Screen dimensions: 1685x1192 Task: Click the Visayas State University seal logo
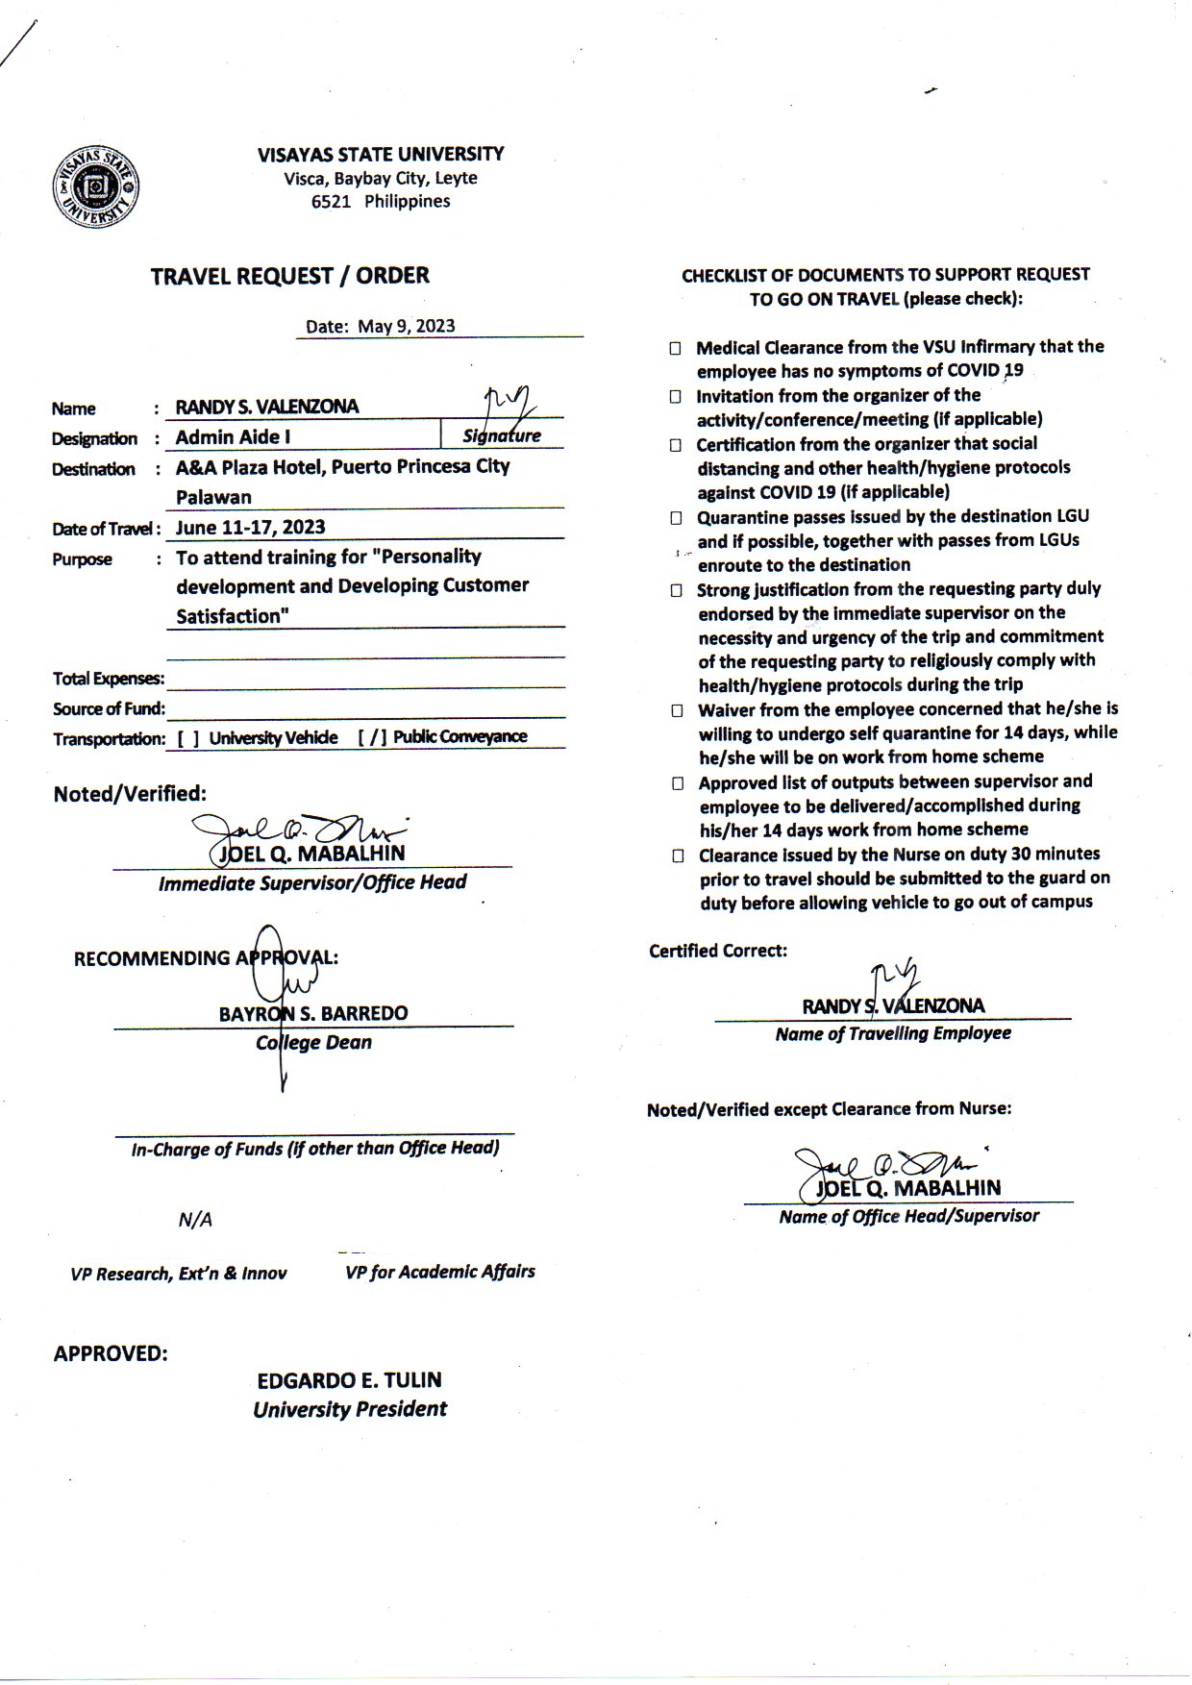tap(96, 187)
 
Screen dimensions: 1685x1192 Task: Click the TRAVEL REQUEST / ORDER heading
tap(289, 276)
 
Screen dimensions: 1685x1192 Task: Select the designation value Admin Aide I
tap(233, 437)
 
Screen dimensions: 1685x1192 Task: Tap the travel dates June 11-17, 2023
tap(250, 527)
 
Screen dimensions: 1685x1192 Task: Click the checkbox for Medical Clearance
tap(676, 348)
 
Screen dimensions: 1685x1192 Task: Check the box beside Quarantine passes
tap(676, 518)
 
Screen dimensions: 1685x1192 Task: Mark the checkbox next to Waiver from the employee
tap(677, 711)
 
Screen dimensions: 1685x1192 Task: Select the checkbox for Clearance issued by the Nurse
tap(678, 855)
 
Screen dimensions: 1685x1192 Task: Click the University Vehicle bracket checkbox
tap(188, 738)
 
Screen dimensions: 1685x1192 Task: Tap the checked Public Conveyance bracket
tap(372, 737)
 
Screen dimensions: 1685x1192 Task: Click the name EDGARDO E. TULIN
tap(349, 1380)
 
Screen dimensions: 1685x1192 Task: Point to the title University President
tap(350, 1409)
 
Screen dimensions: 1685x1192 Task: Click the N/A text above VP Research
tap(195, 1220)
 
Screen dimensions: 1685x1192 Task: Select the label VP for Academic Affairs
tap(439, 1272)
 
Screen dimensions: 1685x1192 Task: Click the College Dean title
tap(313, 1043)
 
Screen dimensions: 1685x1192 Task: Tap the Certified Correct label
tap(717, 951)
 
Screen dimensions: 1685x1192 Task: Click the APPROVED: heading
tap(111, 1353)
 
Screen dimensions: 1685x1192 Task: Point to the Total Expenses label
tap(108, 679)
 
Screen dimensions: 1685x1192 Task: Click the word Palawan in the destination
tap(213, 497)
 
